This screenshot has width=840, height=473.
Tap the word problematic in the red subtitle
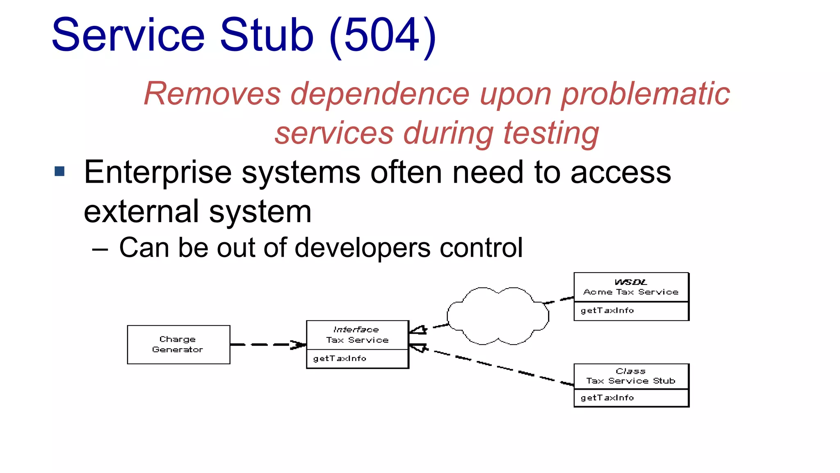coord(645,94)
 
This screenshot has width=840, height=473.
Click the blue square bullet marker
coord(59,171)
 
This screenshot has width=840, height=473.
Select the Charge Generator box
coord(178,344)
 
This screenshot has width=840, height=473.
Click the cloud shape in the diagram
coord(498,316)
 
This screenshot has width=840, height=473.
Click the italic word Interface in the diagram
coord(356,329)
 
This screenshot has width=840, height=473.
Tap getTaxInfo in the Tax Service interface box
coord(340,358)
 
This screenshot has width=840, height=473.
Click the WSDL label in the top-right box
coord(630,282)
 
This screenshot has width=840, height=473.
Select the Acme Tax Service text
coord(630,292)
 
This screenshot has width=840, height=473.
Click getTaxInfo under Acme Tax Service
coord(607,310)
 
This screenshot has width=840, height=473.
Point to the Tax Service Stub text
coord(630,381)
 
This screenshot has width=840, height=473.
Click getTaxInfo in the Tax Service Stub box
coord(607,397)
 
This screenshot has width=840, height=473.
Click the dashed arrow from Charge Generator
coord(267,344)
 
